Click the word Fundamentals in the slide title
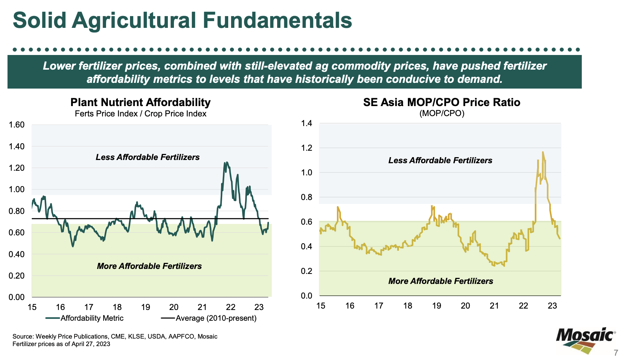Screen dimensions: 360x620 pyautogui.click(x=277, y=20)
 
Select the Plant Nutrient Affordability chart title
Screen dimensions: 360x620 pyautogui.click(x=140, y=102)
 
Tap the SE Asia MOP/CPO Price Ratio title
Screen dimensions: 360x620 pyautogui.click(x=441, y=102)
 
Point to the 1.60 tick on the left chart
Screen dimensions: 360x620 pyautogui.click(x=16, y=125)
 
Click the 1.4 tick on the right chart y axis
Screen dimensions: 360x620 pyautogui.click(x=306, y=124)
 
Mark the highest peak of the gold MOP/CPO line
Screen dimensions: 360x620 pyautogui.click(x=543, y=152)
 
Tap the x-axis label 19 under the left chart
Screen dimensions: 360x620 pyautogui.click(x=145, y=307)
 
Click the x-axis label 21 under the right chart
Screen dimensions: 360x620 pyautogui.click(x=494, y=306)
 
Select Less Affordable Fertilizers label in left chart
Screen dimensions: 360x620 pyautogui.click(x=147, y=157)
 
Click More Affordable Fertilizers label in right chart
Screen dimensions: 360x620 pyautogui.click(x=440, y=281)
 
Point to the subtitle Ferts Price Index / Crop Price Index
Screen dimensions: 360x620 pyautogui.click(x=140, y=114)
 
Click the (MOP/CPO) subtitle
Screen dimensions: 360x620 pyautogui.click(x=441, y=114)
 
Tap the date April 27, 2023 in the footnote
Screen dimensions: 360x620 pyautogui.click(x=91, y=344)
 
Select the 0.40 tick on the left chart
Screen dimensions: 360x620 pyautogui.click(x=16, y=254)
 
